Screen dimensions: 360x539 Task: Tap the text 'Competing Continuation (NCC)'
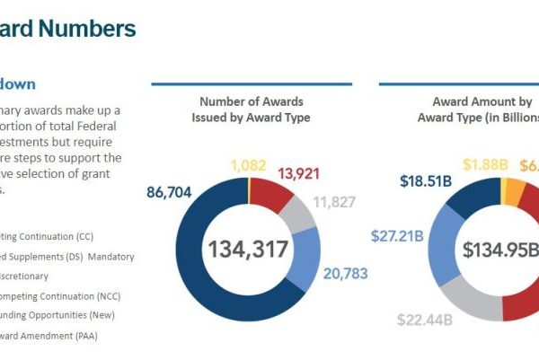tap(58, 295)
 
